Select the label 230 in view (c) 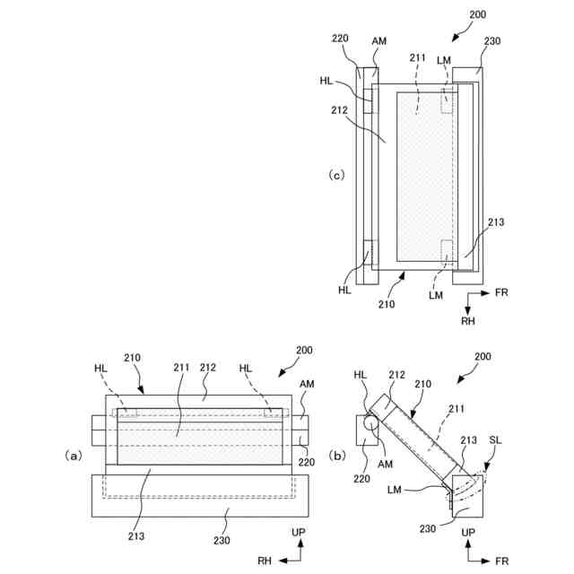(491, 40)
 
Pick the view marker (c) (336, 175)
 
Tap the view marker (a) (74, 455)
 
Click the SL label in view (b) (496, 440)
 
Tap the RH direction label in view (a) (265, 561)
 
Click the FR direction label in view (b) (501, 561)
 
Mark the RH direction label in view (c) (467, 319)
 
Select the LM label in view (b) (395, 489)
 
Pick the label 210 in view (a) (133, 358)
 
